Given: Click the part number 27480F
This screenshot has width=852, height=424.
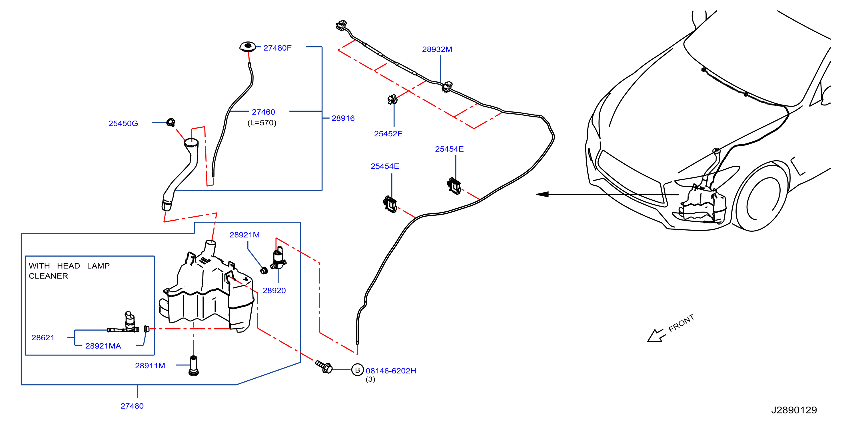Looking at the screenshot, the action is pyautogui.click(x=277, y=48).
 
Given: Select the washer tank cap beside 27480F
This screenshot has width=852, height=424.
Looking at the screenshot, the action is pyautogui.click(x=247, y=47).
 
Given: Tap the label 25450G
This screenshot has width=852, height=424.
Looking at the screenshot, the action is pyautogui.click(x=123, y=123).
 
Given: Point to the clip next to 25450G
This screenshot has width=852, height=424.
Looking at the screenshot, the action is pyautogui.click(x=171, y=122).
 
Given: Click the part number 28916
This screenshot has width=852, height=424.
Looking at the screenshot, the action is pyautogui.click(x=343, y=118).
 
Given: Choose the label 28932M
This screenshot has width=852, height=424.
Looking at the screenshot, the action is pyautogui.click(x=437, y=49).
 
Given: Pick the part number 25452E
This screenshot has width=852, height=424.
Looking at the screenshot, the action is pyautogui.click(x=388, y=134).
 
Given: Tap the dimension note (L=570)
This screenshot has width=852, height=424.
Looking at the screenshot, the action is pyautogui.click(x=262, y=123).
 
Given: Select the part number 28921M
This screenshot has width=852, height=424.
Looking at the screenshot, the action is pyautogui.click(x=244, y=235).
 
